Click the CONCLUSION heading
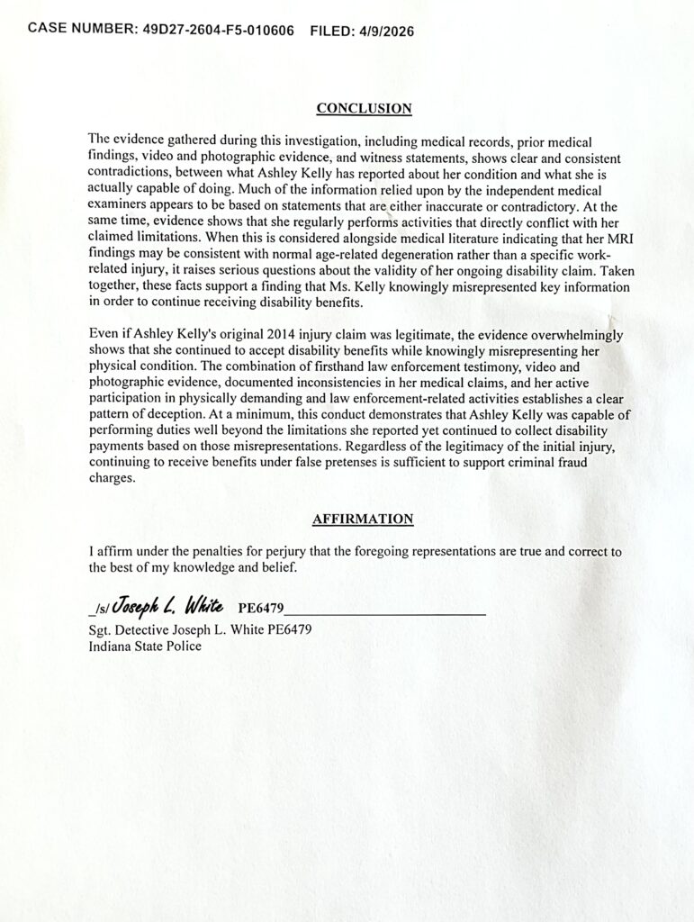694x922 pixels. pos(365,109)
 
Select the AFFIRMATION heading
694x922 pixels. pos(363,519)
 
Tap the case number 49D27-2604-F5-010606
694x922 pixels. pos(219,28)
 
